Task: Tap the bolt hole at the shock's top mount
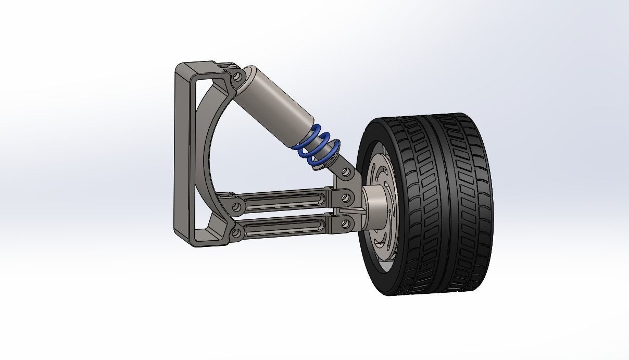[x=238, y=76]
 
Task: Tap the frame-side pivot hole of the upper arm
[x=236, y=207]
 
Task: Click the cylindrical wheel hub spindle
[x=372, y=208]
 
